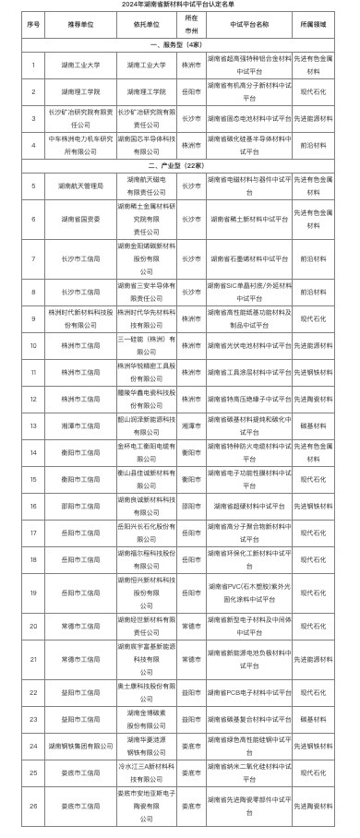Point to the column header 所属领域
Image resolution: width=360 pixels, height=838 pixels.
(323, 22)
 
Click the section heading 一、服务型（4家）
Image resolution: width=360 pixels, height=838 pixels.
(180, 44)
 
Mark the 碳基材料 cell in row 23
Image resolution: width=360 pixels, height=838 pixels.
(323, 719)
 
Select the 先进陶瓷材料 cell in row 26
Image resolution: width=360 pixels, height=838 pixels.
(323, 805)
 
